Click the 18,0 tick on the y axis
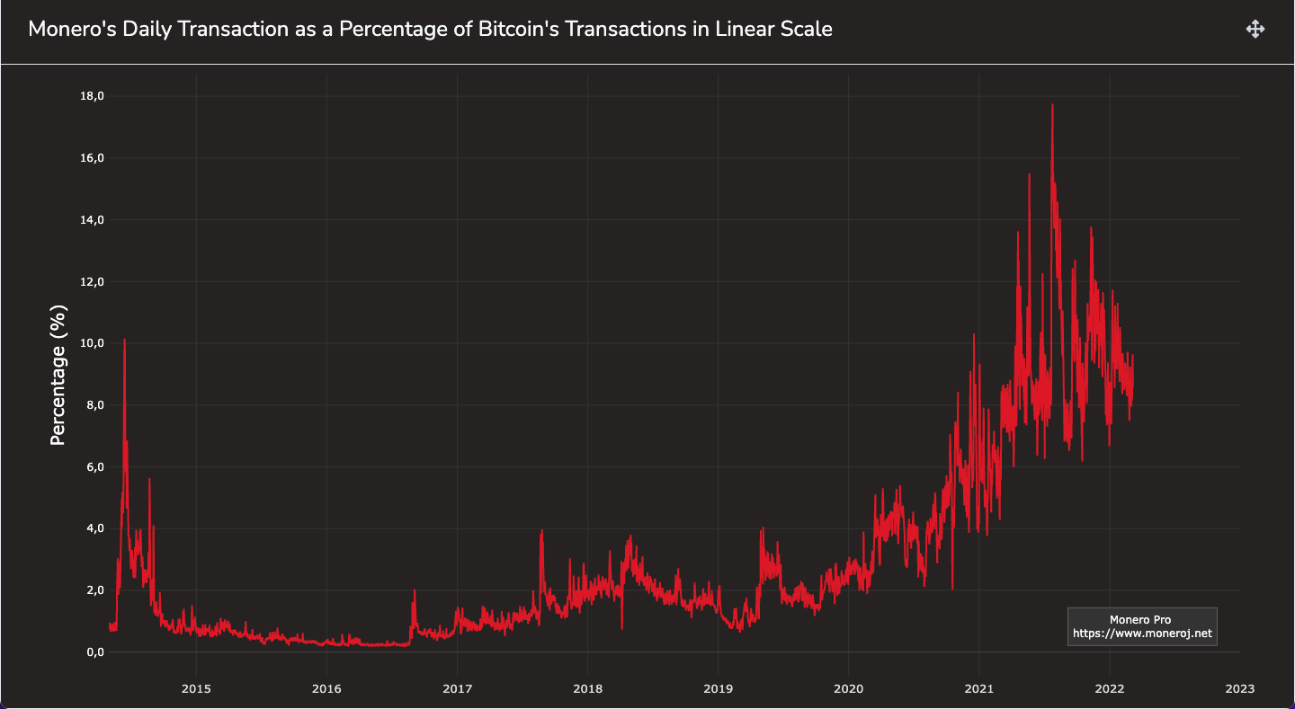pos(93,96)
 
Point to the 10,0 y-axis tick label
pos(93,343)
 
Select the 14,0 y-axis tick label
pos(93,220)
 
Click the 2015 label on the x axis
pos(196,688)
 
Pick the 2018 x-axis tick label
pos(587,688)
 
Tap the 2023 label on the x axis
pos(1239,688)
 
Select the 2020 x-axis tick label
pos(848,688)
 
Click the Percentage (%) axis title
pos(58,375)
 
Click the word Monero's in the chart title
pos(69,29)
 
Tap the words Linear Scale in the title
pos(774,29)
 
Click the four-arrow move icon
pos(1255,29)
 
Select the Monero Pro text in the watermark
pos(1140,619)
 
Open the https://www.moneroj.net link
pos(1142,634)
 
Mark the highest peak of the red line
pos(1052,105)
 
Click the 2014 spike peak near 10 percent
pos(124,340)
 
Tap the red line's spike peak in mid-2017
pos(541,531)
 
